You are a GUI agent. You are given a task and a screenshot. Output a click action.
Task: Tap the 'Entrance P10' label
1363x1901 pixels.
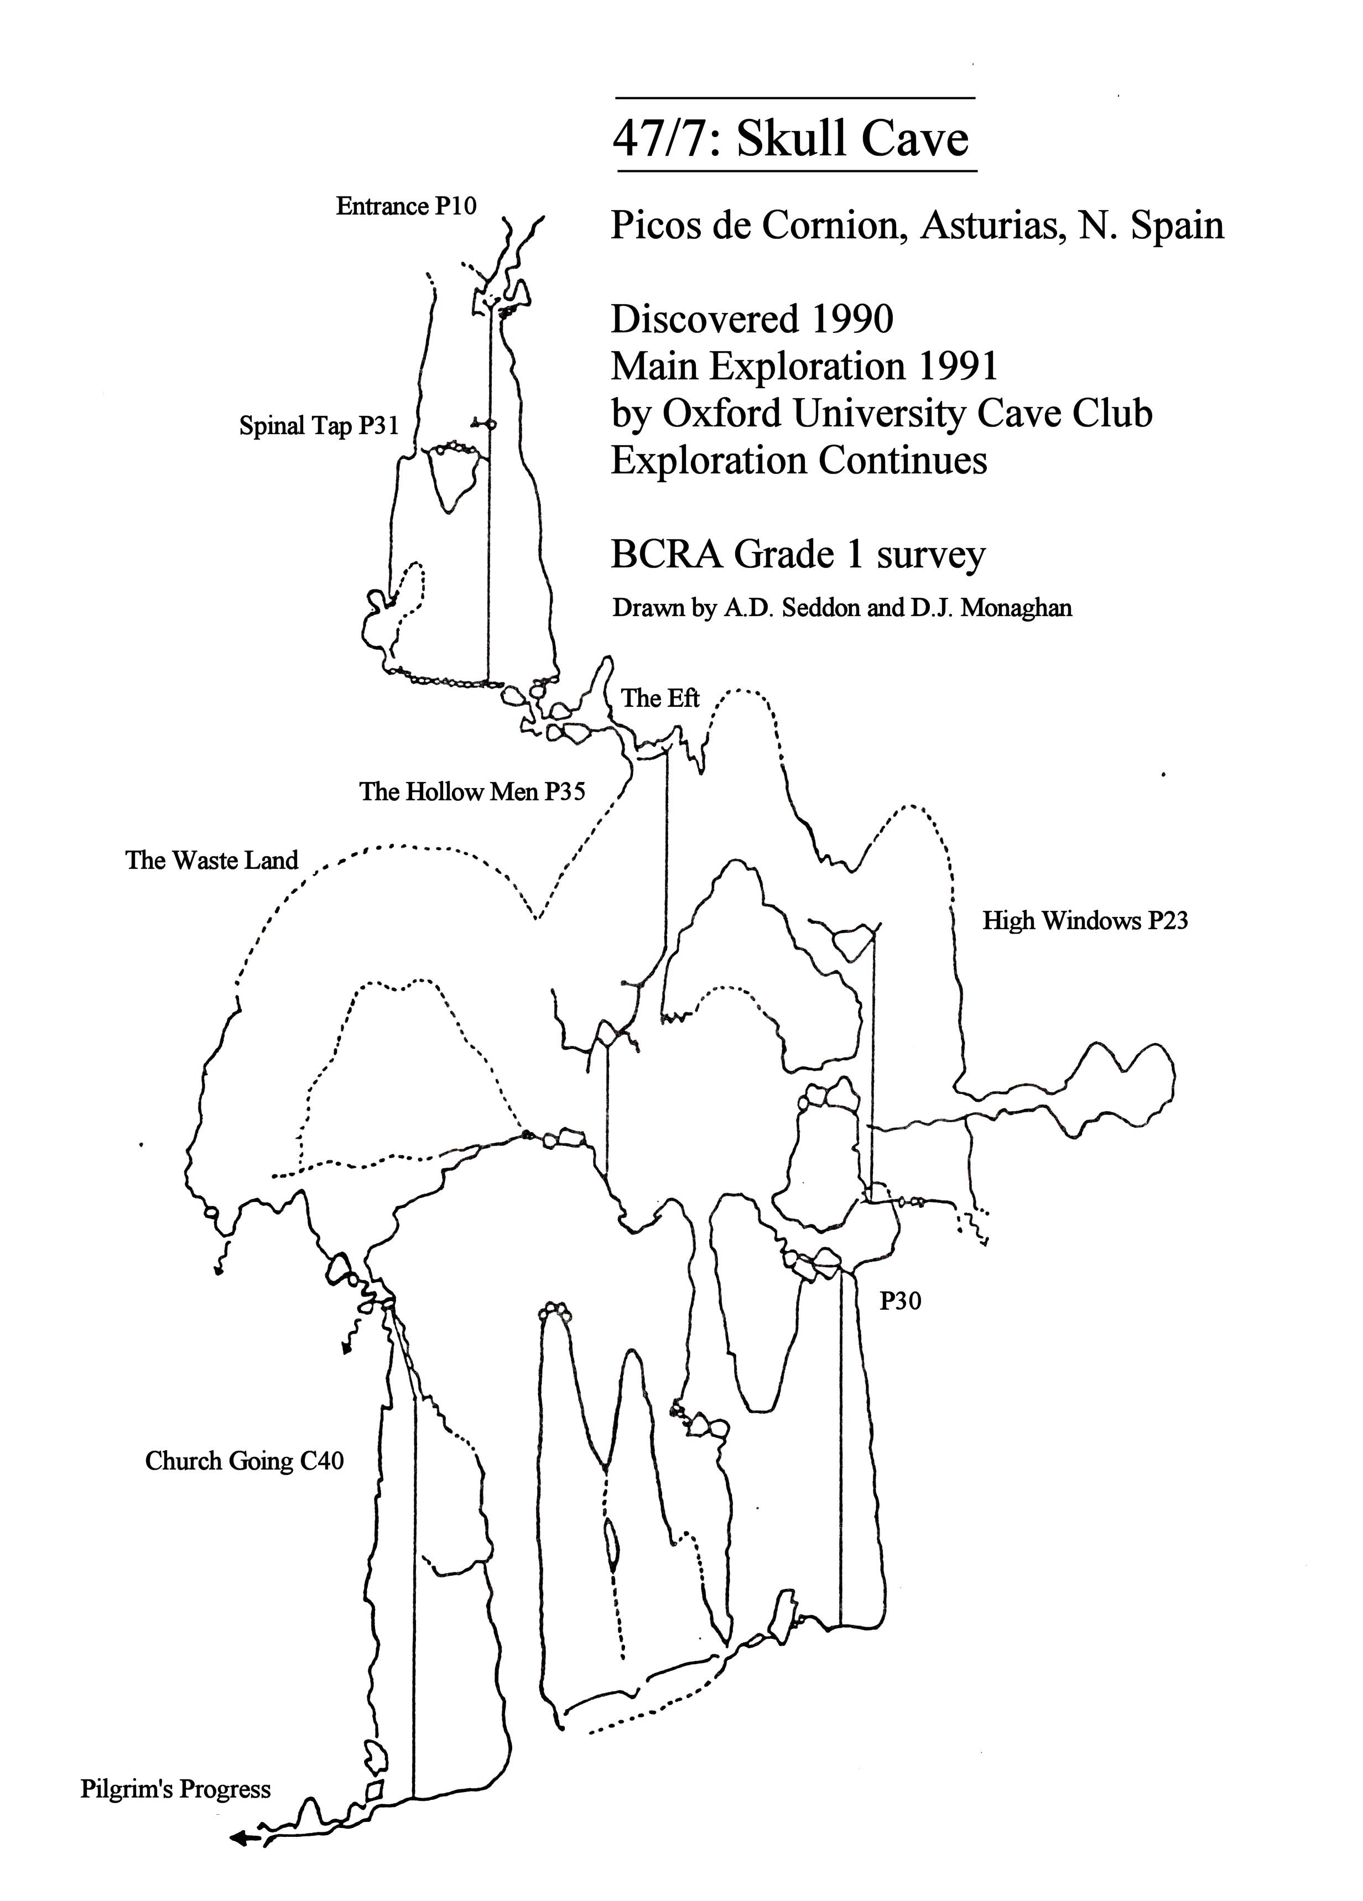405,206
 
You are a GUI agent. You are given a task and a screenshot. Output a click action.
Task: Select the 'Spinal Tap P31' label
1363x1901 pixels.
319,426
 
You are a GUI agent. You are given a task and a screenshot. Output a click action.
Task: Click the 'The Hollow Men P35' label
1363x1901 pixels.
472,791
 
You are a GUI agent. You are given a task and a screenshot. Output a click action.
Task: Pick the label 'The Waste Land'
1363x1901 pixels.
211,860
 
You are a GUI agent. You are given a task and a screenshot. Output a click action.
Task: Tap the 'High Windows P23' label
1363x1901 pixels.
1085,921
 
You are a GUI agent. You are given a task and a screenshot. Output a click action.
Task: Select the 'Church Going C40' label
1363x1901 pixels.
244,1461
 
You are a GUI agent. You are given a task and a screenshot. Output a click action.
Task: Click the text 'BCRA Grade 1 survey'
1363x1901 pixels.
797,555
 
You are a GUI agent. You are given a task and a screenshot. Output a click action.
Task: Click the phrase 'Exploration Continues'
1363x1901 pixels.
798,460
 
